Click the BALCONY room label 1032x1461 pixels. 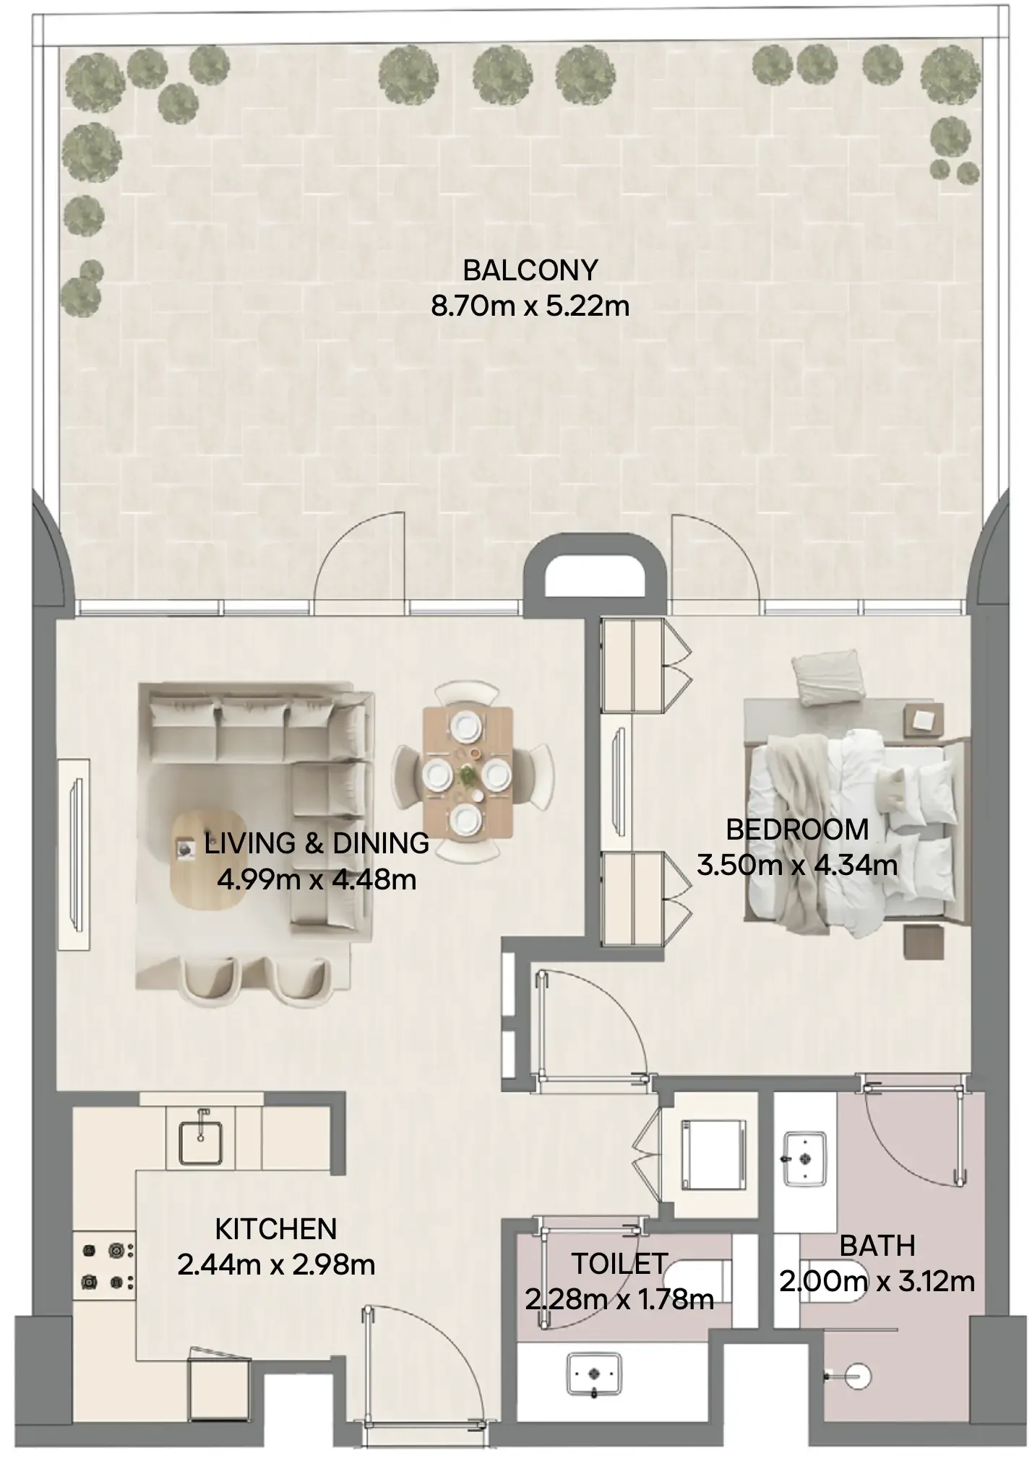pos(530,270)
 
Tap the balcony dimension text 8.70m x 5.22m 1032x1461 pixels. pos(530,306)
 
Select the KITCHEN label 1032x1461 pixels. pos(276,1229)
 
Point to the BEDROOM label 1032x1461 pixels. pos(797,829)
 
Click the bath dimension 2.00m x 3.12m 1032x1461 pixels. pos(877,1282)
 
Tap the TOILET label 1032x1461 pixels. pos(619,1264)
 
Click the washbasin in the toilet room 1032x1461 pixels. pos(594,1375)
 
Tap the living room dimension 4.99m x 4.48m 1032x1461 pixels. pos(317,880)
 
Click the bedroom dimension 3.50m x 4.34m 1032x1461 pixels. pos(797,865)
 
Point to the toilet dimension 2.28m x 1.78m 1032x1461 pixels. pos(619,1300)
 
